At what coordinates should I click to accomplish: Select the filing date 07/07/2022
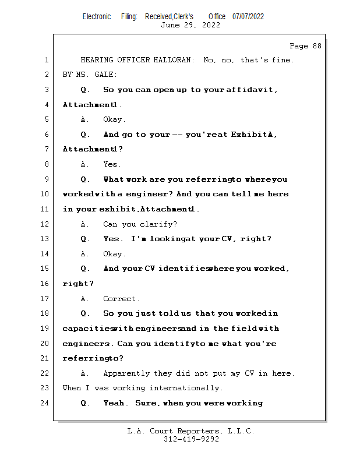pos(248,16)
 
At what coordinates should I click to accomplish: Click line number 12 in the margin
pos(45,224)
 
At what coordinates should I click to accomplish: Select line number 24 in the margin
pos(45,403)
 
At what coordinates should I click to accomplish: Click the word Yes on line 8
pos(111,164)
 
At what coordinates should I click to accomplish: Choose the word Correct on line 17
pos(121,299)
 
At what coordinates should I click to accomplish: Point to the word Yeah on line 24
pos(113,403)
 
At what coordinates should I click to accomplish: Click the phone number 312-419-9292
pos(191,439)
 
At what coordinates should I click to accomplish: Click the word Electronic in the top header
pos(97,16)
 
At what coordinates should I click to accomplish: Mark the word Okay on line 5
pos(114,119)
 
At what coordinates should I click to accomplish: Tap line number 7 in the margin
pos(47,149)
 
